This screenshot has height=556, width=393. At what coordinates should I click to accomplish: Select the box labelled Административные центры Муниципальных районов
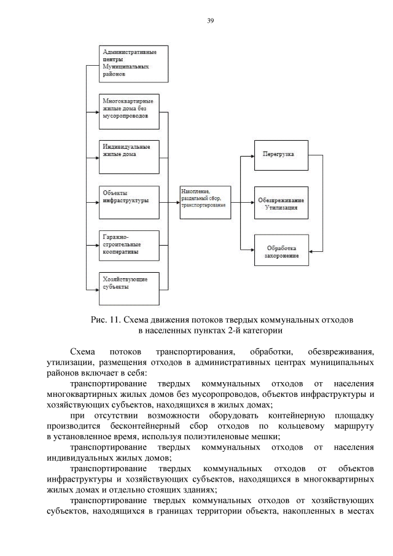[x=133, y=63]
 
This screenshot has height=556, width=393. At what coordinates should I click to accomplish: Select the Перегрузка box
[x=281, y=155]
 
